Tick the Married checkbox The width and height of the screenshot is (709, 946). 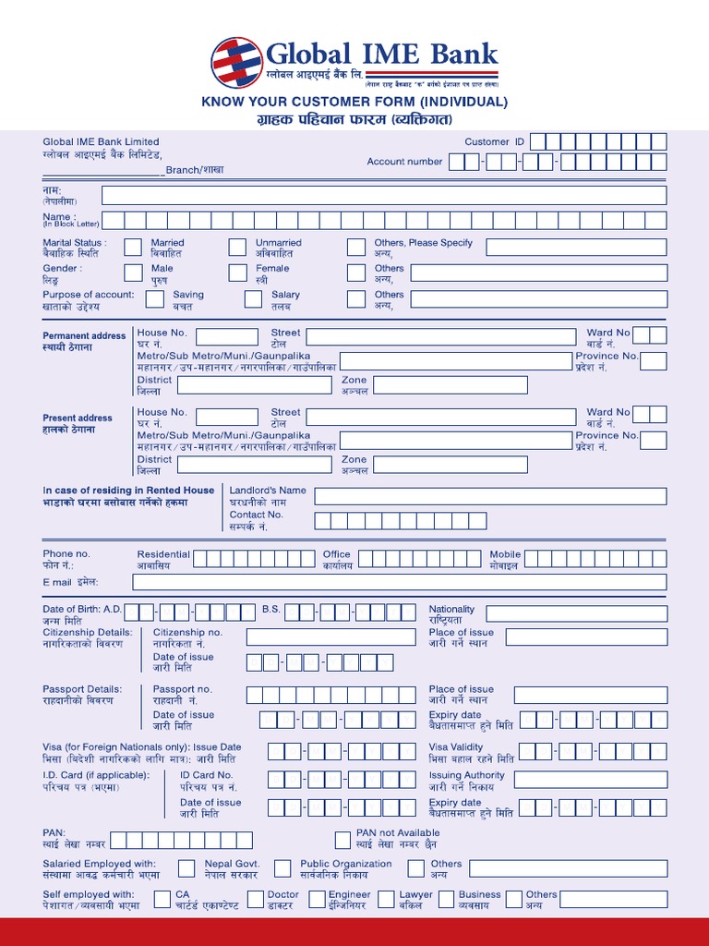132,248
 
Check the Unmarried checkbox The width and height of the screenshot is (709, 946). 237,248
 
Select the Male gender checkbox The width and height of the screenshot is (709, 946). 132,273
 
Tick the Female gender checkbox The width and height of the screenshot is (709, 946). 237,273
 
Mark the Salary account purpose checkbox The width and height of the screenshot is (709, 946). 253,298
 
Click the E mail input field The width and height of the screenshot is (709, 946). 399,582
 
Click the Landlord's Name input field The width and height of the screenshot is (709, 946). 490,496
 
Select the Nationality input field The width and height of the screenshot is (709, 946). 576,613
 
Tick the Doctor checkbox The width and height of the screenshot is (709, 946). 252,899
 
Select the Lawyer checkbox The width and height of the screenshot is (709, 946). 386,899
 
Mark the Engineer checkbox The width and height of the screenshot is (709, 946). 317,899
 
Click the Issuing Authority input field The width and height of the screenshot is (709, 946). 590,780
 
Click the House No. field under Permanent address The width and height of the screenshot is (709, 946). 226,337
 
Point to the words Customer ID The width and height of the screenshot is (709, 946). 494,142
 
